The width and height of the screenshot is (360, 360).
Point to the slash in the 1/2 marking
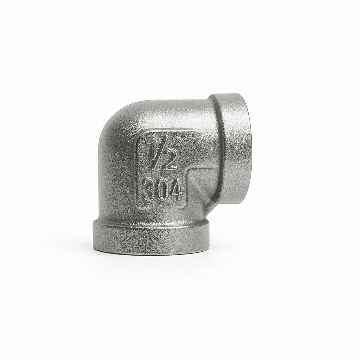pyautogui.click(x=160, y=154)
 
